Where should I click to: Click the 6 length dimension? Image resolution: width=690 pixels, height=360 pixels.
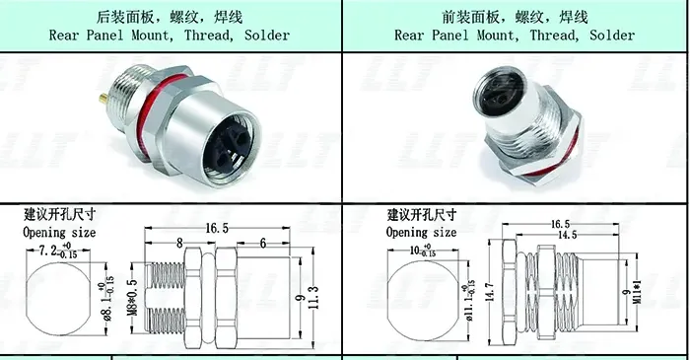click(263, 243)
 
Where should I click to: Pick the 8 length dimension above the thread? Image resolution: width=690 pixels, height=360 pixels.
click(177, 243)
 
